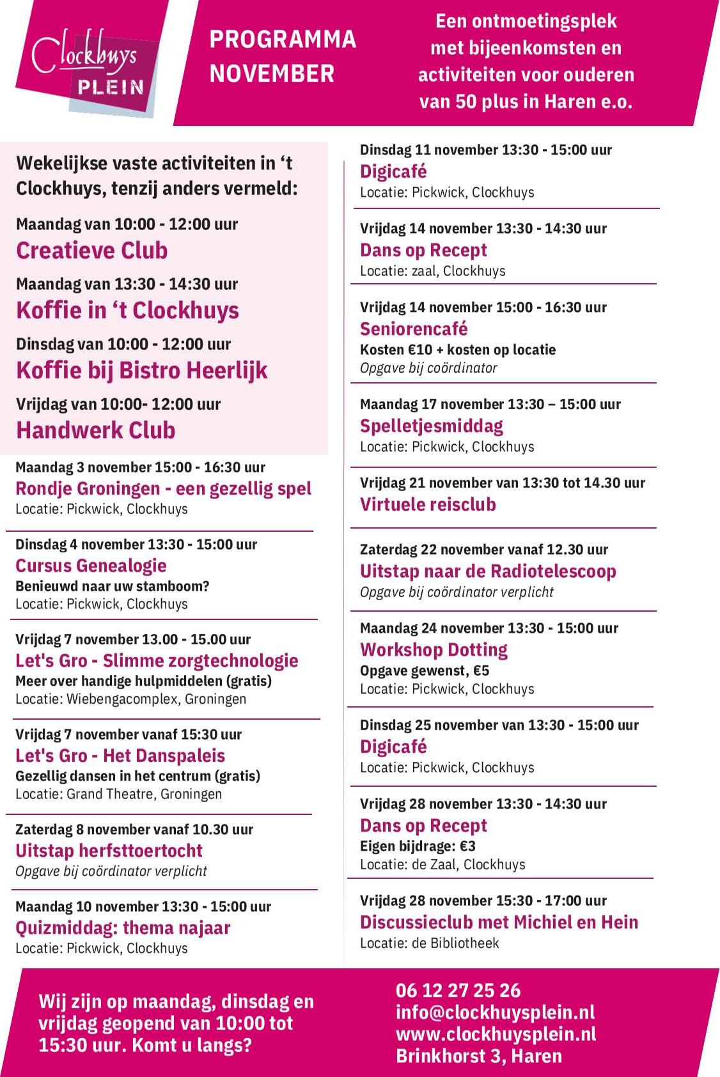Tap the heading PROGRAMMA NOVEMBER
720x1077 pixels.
pyautogui.click(x=283, y=56)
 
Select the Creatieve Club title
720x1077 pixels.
pyautogui.click(x=92, y=251)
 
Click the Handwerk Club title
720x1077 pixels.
pyautogui.click(x=96, y=430)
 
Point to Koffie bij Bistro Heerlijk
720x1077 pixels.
pyautogui.click(x=142, y=371)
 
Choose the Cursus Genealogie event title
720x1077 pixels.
pyautogui.click(x=91, y=566)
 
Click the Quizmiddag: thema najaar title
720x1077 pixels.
pyautogui.click(x=123, y=927)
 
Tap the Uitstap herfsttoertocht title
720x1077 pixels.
pyautogui.click(x=109, y=851)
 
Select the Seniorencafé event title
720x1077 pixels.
pyautogui.click(x=414, y=329)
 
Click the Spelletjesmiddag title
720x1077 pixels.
pyautogui.click(x=432, y=426)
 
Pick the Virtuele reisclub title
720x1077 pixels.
pyautogui.click(x=428, y=504)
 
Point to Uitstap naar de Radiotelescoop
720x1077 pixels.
pyautogui.click(x=488, y=571)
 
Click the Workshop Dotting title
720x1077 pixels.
pyautogui.click(x=434, y=650)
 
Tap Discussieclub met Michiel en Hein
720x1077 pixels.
pyautogui.click(x=499, y=922)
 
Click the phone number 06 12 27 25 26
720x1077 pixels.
pyautogui.click(x=458, y=991)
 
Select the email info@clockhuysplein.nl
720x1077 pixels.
pyautogui.click(x=495, y=1012)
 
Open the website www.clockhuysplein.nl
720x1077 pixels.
pyautogui.click(x=496, y=1034)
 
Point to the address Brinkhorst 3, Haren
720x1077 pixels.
pyautogui.click(x=479, y=1056)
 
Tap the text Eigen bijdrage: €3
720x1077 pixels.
pyautogui.click(x=418, y=846)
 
